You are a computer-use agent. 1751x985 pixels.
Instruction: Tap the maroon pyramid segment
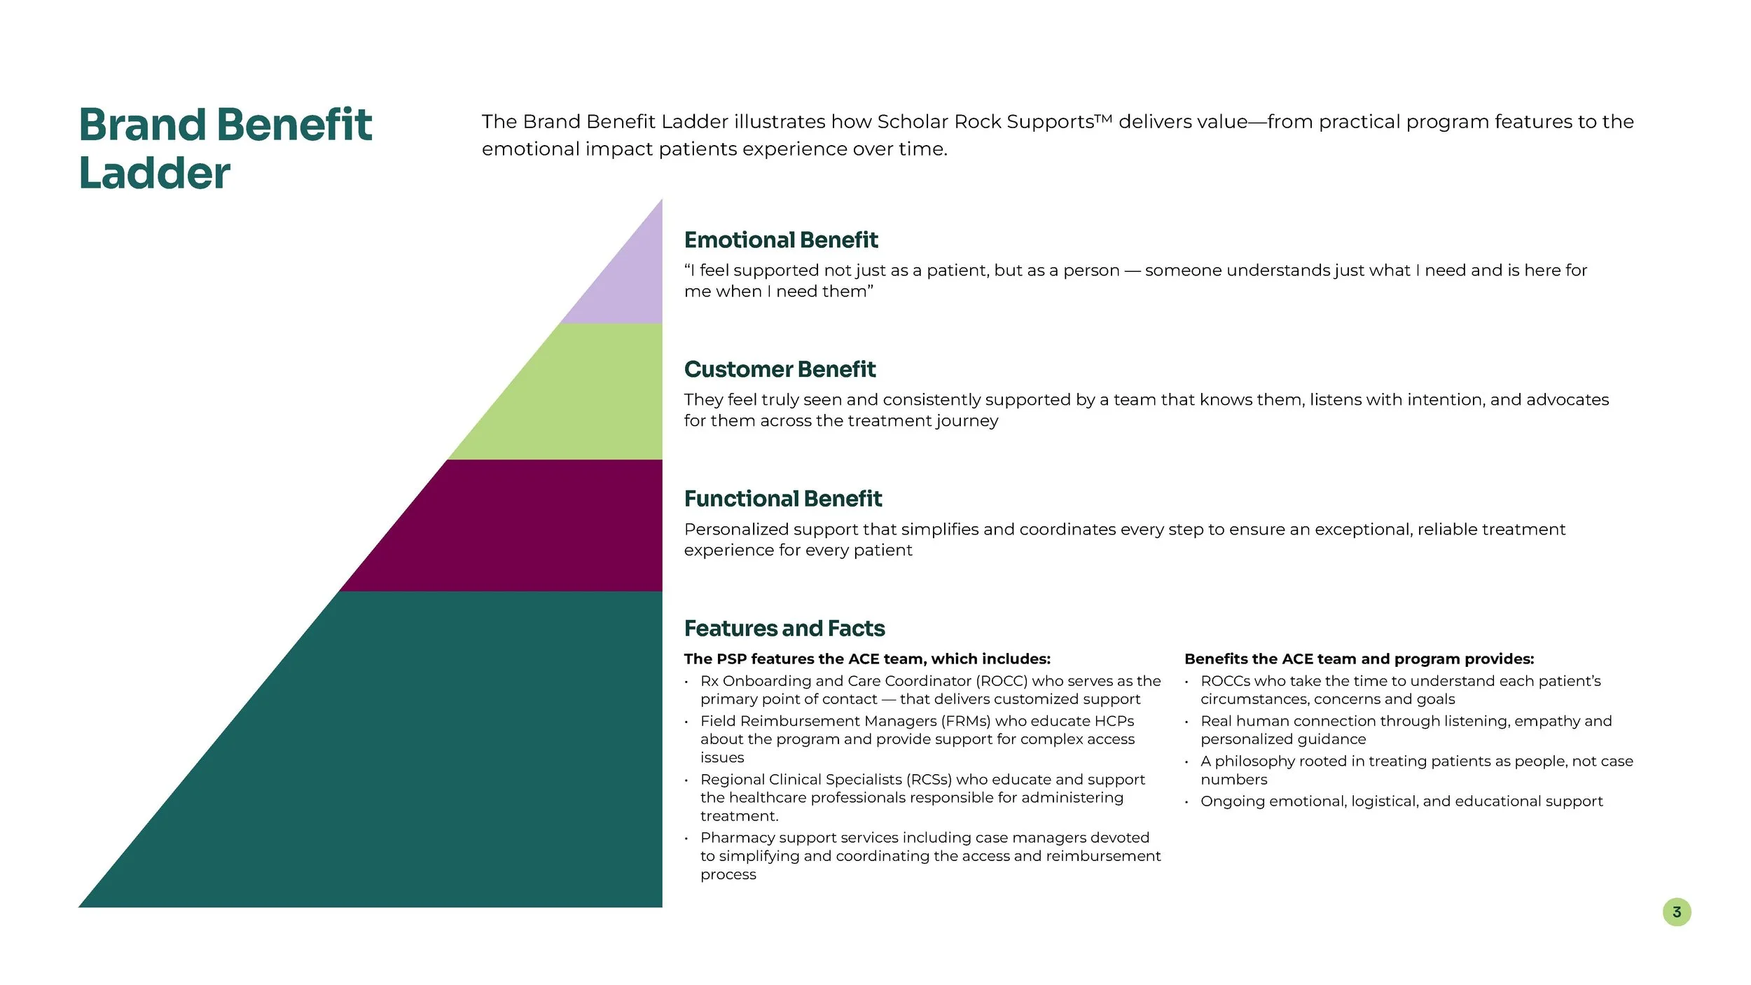pos(518,525)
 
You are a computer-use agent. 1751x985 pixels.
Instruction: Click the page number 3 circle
pos(1676,912)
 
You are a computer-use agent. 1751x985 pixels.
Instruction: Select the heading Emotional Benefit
pos(780,240)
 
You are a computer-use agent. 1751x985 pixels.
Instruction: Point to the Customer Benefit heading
pos(780,369)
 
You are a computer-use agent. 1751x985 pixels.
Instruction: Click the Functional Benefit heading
pos(782,499)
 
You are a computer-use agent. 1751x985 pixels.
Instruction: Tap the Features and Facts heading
pos(784,628)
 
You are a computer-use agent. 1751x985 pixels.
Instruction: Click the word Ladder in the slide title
pos(155,173)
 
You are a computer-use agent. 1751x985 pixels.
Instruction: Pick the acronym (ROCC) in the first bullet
pos(1002,681)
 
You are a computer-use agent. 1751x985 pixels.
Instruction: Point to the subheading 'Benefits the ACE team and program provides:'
pos(1359,659)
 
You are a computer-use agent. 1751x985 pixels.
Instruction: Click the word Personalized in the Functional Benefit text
pos(736,530)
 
